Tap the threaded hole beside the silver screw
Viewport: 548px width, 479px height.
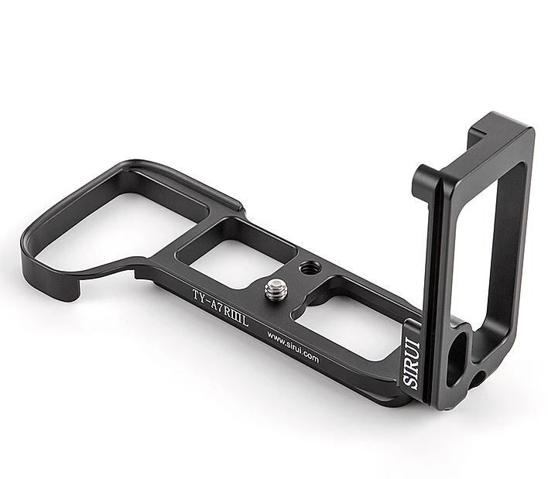pos(310,268)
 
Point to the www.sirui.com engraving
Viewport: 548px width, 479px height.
pos(293,347)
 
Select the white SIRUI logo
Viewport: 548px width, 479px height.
pos(411,364)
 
